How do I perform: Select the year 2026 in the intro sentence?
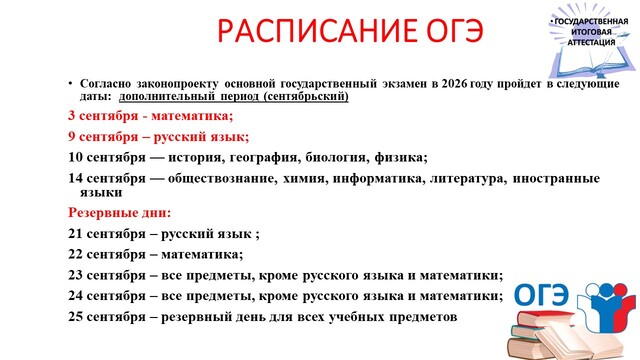(455, 84)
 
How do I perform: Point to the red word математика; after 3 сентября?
(192, 116)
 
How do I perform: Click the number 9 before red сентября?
(71, 136)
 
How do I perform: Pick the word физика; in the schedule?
(401, 158)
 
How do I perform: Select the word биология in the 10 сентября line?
(338, 158)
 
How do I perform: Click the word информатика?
(379, 179)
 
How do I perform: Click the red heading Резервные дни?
(120, 213)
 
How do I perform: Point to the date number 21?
(76, 234)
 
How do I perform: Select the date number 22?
(76, 255)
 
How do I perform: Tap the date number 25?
(76, 317)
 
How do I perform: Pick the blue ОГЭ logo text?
(542, 294)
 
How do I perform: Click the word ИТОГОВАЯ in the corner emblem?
(591, 32)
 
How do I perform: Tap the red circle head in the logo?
(620, 290)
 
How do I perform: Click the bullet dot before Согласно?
(70, 84)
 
